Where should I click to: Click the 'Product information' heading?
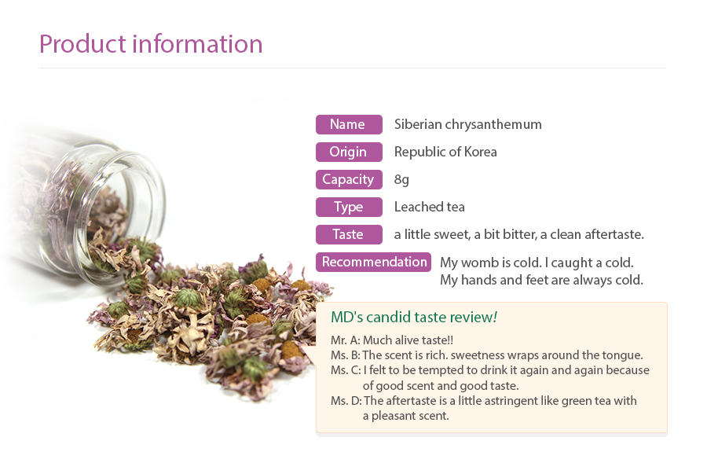pos(151,44)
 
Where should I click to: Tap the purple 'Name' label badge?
pos(349,124)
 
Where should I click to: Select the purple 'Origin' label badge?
pos(349,152)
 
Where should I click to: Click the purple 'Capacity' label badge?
pos(349,179)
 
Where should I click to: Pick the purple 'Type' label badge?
pos(349,207)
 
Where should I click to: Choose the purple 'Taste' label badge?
pos(349,234)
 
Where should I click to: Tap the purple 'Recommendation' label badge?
pos(373,262)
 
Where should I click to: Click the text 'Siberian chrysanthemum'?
pos(468,124)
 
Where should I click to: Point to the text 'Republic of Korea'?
pos(445,152)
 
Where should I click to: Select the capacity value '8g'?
pos(401,180)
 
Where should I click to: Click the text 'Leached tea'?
pos(429,207)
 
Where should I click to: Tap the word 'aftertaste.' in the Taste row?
pos(614,234)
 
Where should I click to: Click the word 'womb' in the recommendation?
pos(479,263)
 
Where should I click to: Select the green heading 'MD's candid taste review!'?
pos(414,317)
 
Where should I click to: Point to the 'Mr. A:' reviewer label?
pos(346,340)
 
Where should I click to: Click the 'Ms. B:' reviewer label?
pos(346,355)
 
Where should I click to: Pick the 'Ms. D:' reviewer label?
pos(346,401)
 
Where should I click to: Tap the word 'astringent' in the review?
pos(498,401)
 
